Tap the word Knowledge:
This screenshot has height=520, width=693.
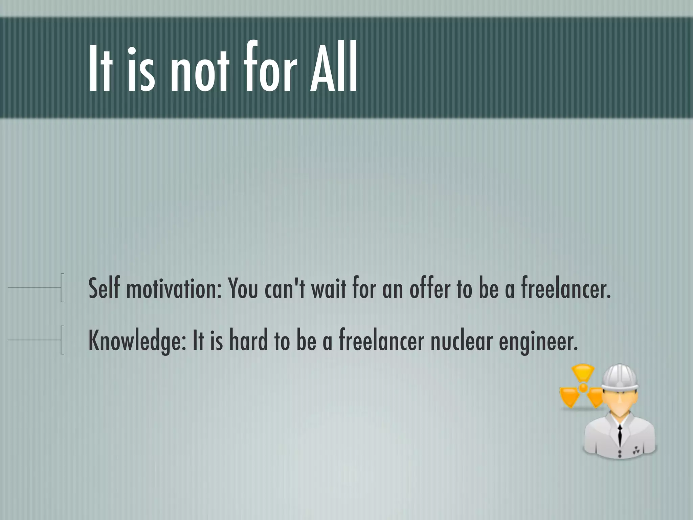137,341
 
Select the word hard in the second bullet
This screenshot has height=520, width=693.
248,340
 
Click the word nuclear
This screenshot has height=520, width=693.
462,341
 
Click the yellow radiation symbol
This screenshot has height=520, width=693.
582,388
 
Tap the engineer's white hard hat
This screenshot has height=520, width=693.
621,377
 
